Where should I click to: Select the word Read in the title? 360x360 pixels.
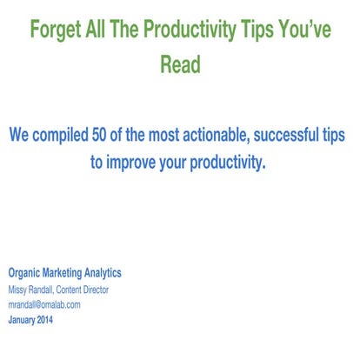pyautogui.click(x=180, y=65)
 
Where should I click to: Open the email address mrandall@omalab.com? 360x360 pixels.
pyautogui.click(x=44, y=305)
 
